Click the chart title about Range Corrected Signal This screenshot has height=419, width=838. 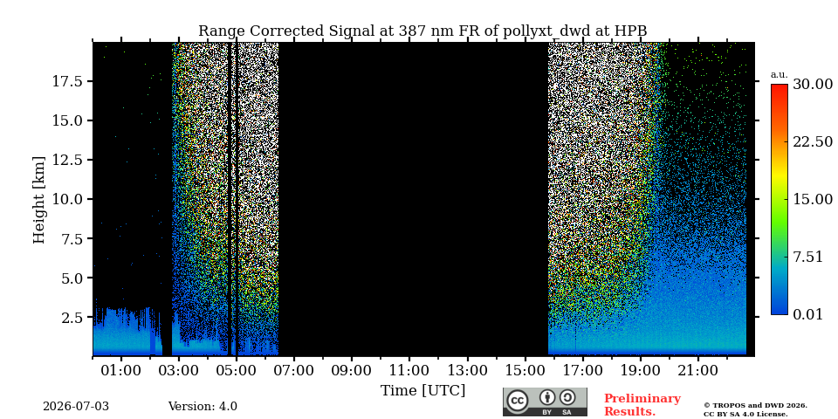422,31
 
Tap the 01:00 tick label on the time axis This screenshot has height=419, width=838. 121,370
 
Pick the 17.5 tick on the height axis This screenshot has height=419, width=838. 66,81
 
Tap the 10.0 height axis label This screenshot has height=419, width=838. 66,199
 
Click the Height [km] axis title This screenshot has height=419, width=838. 39,199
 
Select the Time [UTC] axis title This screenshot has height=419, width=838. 422,391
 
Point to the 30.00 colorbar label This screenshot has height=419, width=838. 813,85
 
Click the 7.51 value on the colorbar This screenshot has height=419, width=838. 807,257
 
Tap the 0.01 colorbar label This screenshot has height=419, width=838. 807,314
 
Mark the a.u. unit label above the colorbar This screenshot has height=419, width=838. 780,75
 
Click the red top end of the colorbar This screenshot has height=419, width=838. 780,86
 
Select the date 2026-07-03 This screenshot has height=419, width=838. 76,407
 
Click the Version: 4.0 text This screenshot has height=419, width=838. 203,407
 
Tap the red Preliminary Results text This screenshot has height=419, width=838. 642,405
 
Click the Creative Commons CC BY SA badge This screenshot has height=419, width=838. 545,402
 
